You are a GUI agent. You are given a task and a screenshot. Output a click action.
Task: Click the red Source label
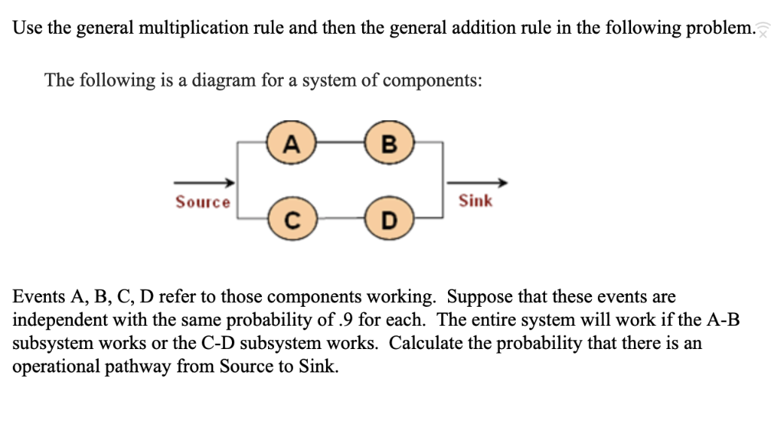(x=203, y=202)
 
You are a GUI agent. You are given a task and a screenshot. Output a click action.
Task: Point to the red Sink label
(x=476, y=201)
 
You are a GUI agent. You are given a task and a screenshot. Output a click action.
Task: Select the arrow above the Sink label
(x=477, y=183)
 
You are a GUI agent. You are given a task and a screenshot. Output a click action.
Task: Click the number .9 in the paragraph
(x=345, y=320)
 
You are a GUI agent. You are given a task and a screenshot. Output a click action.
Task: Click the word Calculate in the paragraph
(x=423, y=344)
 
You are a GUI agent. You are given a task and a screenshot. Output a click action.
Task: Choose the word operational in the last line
(x=51, y=368)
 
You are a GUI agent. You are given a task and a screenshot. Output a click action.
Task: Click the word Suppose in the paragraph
(x=487, y=296)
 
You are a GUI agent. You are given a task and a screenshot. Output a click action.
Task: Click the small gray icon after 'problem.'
(x=763, y=30)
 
